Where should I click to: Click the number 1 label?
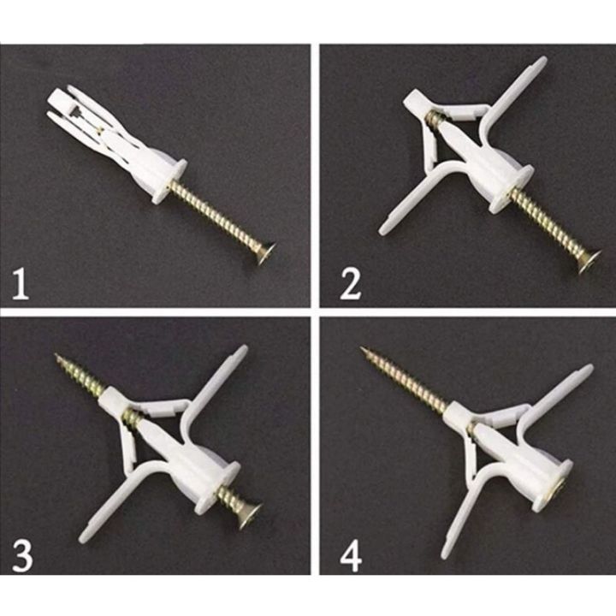(x=21, y=282)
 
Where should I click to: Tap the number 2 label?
(x=350, y=283)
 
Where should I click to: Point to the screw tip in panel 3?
(x=58, y=357)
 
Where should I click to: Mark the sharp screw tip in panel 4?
(x=363, y=349)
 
